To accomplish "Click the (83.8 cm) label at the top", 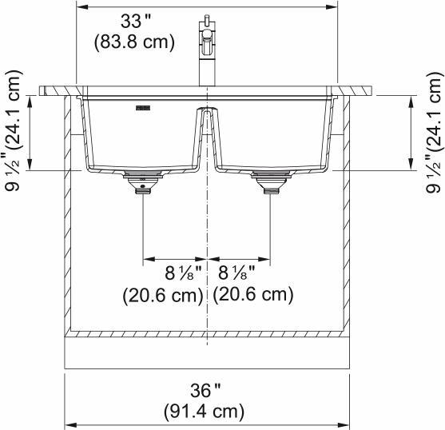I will tap(133, 42).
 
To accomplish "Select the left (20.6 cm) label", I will tap(163, 295).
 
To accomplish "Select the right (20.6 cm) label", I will tap(253, 295).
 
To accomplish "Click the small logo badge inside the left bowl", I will tap(144, 105).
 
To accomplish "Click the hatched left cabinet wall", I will tap(68, 216).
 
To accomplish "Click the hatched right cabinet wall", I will tap(347, 216).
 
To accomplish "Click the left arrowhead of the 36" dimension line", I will tap(69, 424).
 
